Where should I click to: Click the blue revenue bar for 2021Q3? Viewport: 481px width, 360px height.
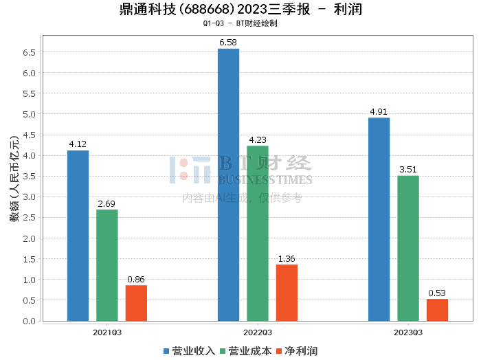[78, 236]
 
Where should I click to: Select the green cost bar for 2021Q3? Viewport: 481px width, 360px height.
[107, 265]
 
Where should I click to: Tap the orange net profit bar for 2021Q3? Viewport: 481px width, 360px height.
[136, 303]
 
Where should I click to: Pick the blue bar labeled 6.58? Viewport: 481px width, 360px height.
[228, 185]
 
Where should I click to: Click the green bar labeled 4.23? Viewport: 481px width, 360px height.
[258, 234]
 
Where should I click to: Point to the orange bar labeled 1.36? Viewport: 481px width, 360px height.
[287, 293]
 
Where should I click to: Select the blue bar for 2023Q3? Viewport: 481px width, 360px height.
[379, 219]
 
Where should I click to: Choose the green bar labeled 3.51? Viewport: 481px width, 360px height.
[408, 248]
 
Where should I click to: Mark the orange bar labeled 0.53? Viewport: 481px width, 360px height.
[437, 310]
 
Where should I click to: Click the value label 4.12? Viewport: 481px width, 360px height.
[78, 144]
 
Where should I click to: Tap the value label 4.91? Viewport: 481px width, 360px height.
[379, 111]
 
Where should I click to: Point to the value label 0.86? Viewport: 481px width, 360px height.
[136, 279]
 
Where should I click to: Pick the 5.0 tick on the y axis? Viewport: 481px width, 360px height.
[29, 114]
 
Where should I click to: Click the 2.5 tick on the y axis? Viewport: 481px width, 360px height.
[29, 218]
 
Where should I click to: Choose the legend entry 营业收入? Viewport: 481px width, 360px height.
[189, 350]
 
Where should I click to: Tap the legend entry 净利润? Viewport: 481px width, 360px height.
[296, 350]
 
